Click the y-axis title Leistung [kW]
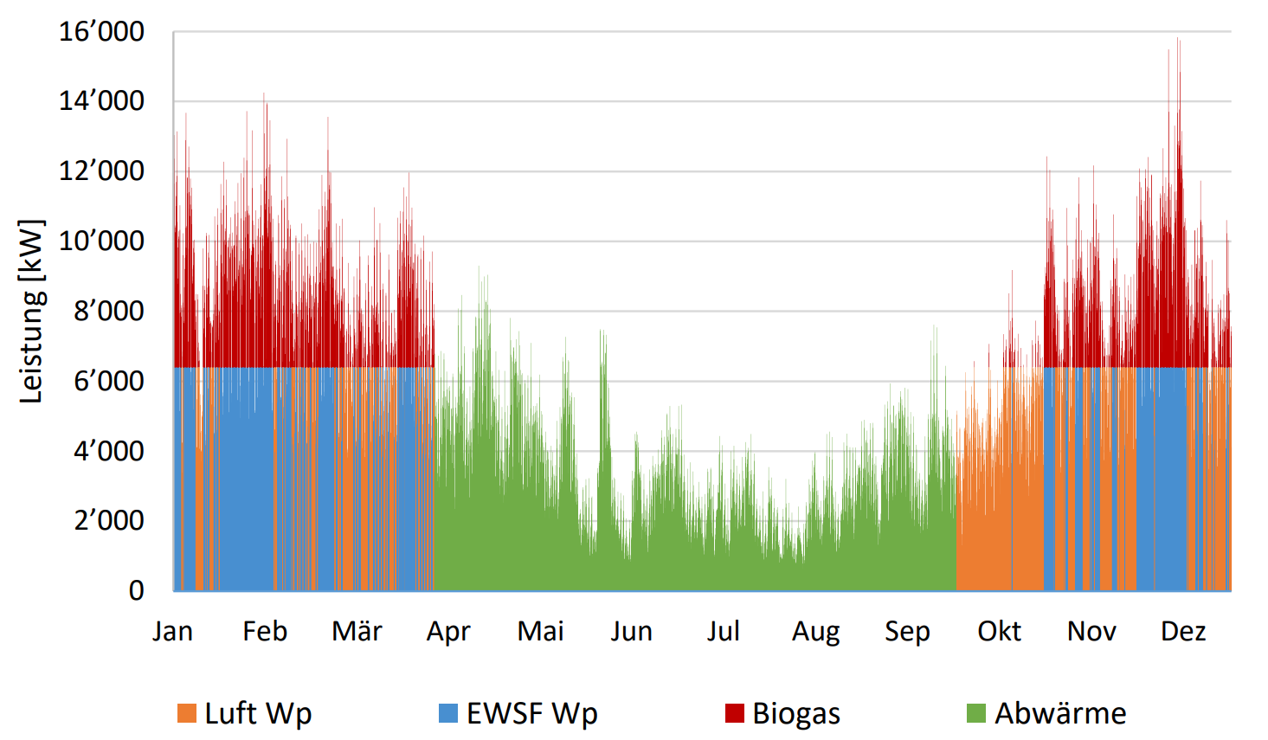pyautogui.click(x=31, y=312)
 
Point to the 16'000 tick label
pyautogui.click(x=102, y=32)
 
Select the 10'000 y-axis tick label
pyautogui.click(x=102, y=241)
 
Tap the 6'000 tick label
pyautogui.click(x=109, y=381)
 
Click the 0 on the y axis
pyautogui.click(x=137, y=590)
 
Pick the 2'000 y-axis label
pyautogui.click(x=109, y=520)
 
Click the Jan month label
pyautogui.click(x=173, y=631)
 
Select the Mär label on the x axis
pyautogui.click(x=357, y=631)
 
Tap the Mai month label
pyautogui.click(x=540, y=631)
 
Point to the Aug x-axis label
pyautogui.click(x=815, y=632)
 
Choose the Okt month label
pyautogui.click(x=999, y=631)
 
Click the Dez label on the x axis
pyautogui.click(x=1182, y=631)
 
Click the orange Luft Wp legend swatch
pyautogui.click(x=186, y=713)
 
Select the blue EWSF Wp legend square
pyautogui.click(x=448, y=713)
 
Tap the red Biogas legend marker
pyautogui.click(x=734, y=713)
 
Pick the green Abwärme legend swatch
pyautogui.click(x=976, y=713)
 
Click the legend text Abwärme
pyautogui.click(x=1060, y=713)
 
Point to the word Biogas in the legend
pyautogui.click(x=796, y=713)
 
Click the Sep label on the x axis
pyautogui.click(x=907, y=632)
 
